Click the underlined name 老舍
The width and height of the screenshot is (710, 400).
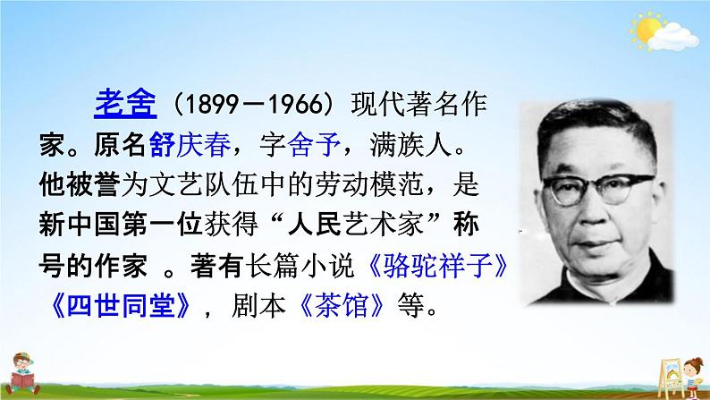pos(126,105)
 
